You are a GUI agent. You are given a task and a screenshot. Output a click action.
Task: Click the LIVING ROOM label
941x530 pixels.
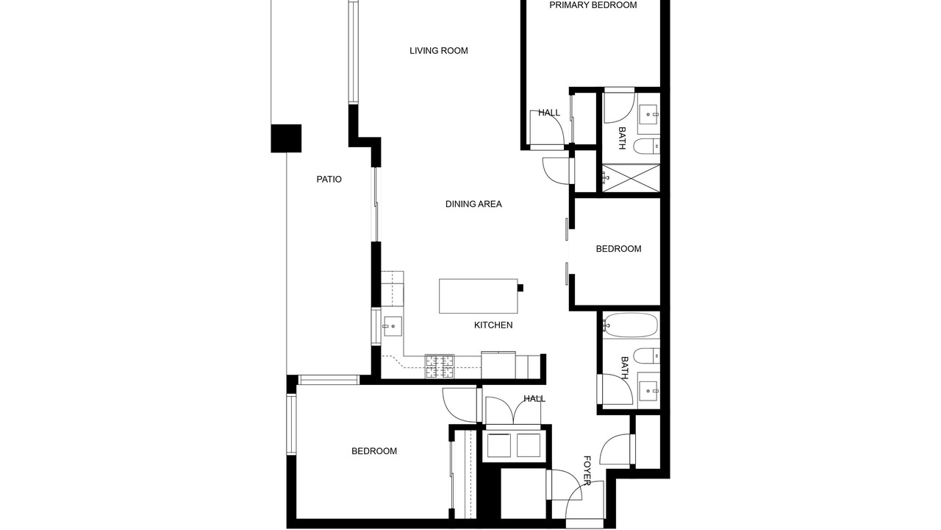(x=439, y=51)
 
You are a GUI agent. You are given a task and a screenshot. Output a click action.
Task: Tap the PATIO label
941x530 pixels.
(x=329, y=179)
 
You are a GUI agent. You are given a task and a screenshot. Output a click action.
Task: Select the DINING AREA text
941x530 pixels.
(x=473, y=204)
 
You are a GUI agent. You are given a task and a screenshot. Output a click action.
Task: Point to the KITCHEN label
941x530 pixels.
(x=493, y=325)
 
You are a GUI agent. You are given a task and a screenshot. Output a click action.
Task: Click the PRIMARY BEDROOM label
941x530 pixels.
(x=593, y=5)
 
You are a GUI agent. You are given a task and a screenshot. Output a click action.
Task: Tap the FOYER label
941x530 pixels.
(x=587, y=470)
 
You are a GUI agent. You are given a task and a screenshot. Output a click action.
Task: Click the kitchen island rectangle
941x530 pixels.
(x=478, y=296)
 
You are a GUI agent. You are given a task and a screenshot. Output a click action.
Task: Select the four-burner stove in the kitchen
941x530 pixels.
(x=440, y=366)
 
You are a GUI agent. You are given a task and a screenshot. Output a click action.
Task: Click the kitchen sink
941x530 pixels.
(x=392, y=326)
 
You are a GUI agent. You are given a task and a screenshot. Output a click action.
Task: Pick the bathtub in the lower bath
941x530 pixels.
(x=631, y=325)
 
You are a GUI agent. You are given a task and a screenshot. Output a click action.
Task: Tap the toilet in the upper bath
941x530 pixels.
(x=646, y=146)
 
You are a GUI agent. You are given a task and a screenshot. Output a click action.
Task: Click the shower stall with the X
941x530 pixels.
(x=631, y=178)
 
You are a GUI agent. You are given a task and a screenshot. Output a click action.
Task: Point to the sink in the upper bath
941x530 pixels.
(x=649, y=114)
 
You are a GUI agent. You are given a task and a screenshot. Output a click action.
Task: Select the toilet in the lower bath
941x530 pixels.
(x=646, y=356)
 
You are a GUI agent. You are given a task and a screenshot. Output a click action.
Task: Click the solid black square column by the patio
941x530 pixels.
(x=286, y=138)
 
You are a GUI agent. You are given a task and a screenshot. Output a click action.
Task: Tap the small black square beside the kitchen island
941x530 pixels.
(x=520, y=288)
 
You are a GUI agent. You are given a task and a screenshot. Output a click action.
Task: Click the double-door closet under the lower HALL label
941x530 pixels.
(x=513, y=411)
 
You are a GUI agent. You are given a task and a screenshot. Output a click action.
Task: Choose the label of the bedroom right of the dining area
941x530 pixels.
(x=618, y=249)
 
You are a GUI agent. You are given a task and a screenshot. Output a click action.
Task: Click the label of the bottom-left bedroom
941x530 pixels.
(x=374, y=451)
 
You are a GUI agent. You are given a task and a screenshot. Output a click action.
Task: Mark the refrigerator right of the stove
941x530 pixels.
(x=498, y=365)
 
